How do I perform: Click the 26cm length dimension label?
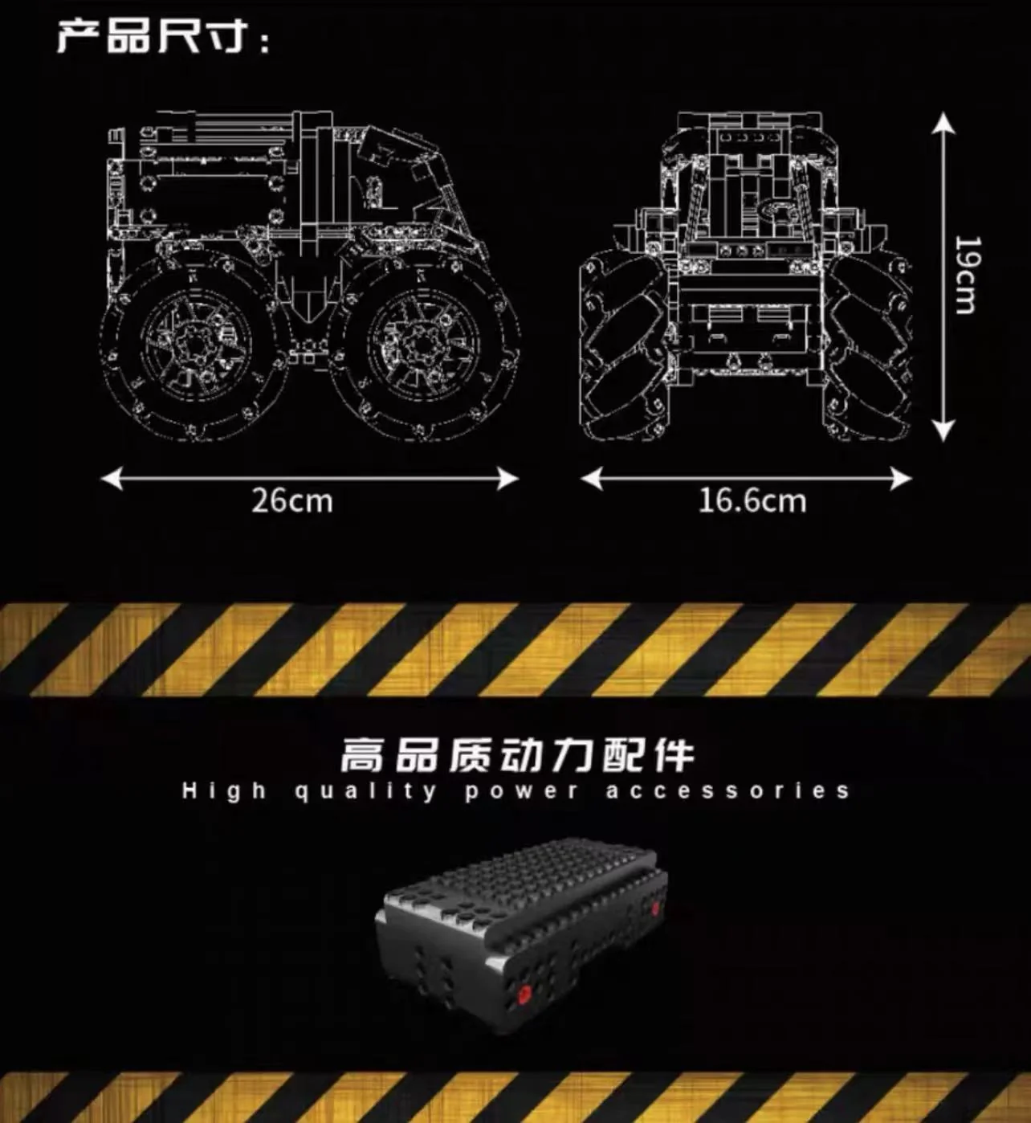point(292,500)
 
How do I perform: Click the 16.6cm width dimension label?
point(752,500)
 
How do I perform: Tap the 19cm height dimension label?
point(968,275)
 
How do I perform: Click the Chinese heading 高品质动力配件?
point(518,756)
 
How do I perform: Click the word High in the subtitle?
point(224,791)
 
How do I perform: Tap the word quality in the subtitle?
point(365,791)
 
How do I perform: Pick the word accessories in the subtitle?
point(727,791)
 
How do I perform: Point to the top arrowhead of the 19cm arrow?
point(943,121)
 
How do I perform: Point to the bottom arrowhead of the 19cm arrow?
point(943,431)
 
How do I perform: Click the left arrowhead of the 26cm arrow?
point(111,479)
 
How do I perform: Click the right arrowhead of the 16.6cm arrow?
point(902,480)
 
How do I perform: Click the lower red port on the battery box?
point(524,993)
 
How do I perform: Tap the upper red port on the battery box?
point(656,907)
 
